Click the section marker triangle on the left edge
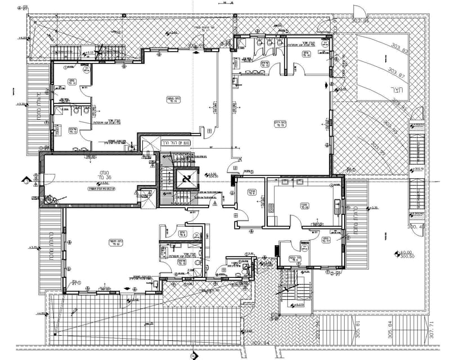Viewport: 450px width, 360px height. pos(26,181)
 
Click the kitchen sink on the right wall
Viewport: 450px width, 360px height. pos(336,206)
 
